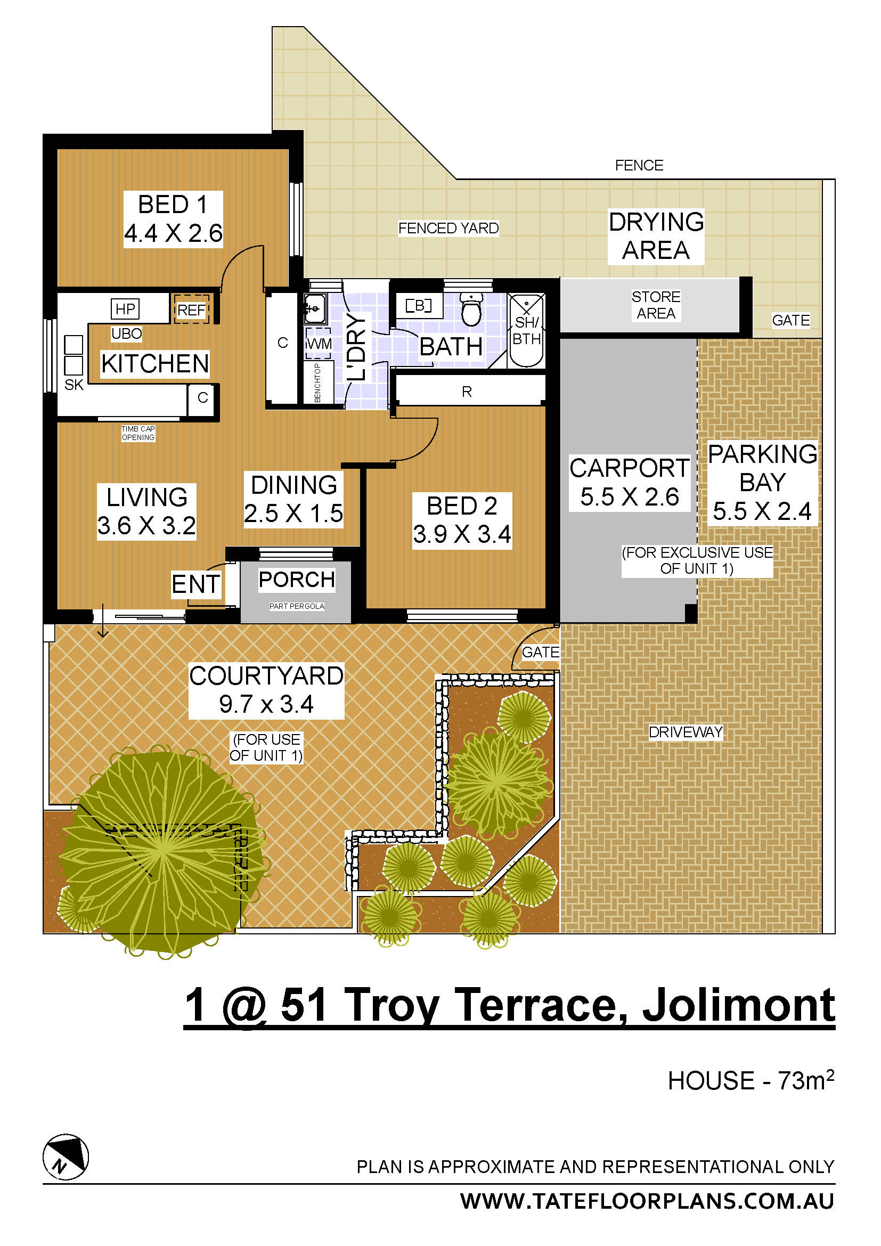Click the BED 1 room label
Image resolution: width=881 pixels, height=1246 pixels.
pos(173,219)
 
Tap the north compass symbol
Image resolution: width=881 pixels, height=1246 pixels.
pos(66,1157)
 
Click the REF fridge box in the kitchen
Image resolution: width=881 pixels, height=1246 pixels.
pos(191,310)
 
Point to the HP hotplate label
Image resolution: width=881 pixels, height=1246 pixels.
pos(125,309)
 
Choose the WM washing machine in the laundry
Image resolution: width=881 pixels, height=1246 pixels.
pos(319,344)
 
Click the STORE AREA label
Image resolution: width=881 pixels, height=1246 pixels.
pos(656,305)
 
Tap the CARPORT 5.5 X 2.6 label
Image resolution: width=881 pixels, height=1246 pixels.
pos(629,483)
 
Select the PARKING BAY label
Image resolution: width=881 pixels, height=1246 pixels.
pos(762,483)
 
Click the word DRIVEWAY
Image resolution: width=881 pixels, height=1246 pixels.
pos(686,732)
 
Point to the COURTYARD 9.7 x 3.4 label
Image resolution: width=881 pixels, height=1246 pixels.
pos(266,690)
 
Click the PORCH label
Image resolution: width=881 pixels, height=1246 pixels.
pos(297,580)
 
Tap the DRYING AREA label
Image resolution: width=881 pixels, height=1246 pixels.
pos(656,236)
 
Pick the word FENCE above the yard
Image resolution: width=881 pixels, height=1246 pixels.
pos(639,165)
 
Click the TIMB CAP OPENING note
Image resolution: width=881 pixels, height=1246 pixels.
pos(138,433)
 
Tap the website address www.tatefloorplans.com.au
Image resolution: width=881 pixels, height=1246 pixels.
pos(647,1201)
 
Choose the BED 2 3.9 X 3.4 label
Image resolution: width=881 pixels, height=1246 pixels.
pos(462,520)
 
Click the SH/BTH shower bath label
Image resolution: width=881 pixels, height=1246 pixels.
pos(527,330)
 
